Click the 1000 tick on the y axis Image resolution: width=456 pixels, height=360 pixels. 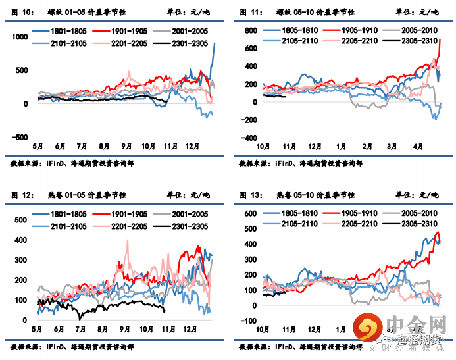click(19, 38)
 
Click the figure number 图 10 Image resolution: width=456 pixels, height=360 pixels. click(22, 13)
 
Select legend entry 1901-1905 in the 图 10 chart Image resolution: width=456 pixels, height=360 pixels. click(130, 31)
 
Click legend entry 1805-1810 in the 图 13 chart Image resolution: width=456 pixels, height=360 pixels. click(299, 214)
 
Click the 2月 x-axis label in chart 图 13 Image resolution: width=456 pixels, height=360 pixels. click(366, 328)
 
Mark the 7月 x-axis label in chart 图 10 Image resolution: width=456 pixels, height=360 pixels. click(82, 145)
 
